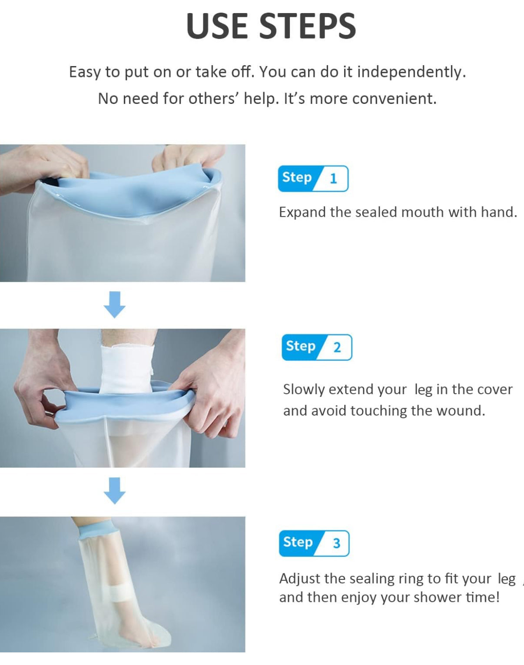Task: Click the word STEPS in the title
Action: pyautogui.click(x=308, y=26)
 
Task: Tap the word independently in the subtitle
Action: pyautogui.click(x=411, y=72)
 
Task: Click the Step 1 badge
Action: pyautogui.click(x=313, y=179)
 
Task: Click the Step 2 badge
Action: pyautogui.click(x=317, y=347)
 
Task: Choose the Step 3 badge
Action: pyautogui.click(x=314, y=543)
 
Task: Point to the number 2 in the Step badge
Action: pyautogui.click(x=337, y=348)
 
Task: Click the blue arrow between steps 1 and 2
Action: pyautogui.click(x=115, y=304)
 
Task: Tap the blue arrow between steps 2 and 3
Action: pyautogui.click(x=115, y=491)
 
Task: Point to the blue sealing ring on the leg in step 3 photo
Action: pyautogui.click(x=98, y=529)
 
